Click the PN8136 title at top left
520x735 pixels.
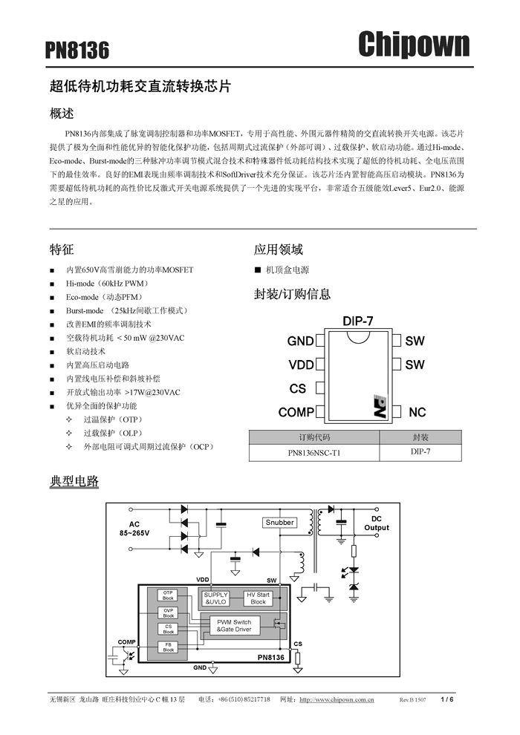click(77, 50)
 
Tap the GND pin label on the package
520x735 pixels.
click(300, 342)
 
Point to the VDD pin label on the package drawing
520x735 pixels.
click(301, 365)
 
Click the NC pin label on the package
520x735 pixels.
click(417, 412)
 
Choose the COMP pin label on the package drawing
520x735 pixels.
click(296, 412)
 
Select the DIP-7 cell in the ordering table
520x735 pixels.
click(420, 451)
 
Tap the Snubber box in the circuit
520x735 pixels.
click(279, 523)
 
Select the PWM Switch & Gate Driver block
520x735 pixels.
click(234, 626)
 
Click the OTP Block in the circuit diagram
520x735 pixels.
click(169, 595)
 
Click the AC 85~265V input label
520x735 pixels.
click(134, 529)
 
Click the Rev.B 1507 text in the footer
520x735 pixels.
click(412, 700)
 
